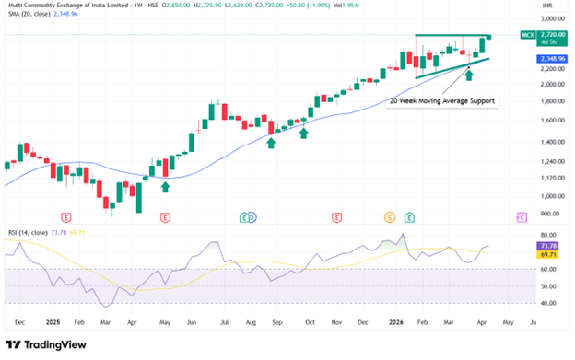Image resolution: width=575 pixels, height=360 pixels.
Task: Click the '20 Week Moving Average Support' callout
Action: [x=443, y=99]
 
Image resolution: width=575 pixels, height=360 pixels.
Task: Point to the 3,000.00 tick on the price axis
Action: [x=551, y=18]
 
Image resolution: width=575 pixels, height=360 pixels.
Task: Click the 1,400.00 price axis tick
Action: [x=551, y=142]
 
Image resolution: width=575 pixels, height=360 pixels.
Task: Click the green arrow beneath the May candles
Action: [x=166, y=187]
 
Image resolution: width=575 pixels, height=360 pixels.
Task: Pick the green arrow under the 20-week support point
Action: [x=469, y=73]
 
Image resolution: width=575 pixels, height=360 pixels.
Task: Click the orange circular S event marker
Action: [x=390, y=217]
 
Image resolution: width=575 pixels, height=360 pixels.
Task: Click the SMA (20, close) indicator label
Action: [x=29, y=15]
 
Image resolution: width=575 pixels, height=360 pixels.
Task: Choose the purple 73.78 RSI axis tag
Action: [x=547, y=246]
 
